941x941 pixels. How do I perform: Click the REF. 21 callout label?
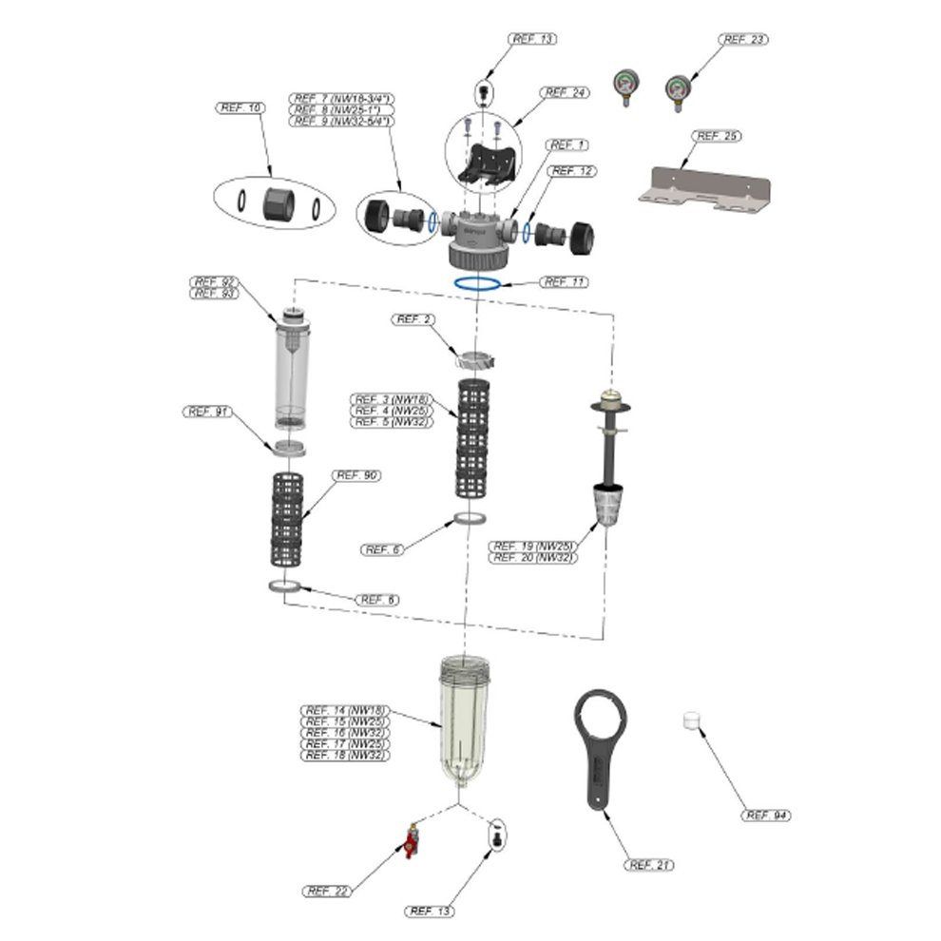pyautogui.click(x=650, y=865)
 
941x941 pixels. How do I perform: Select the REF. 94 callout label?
pyautogui.click(x=767, y=816)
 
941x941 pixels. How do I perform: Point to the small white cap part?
pyautogui.click(x=693, y=721)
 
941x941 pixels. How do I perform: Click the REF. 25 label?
pyautogui.click(x=717, y=137)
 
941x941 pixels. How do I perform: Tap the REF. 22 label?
pyautogui.click(x=329, y=892)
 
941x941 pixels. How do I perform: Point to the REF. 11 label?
pyautogui.click(x=564, y=282)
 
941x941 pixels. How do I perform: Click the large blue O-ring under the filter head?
pyautogui.click(x=478, y=283)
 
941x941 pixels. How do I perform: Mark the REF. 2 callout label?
pyautogui.click(x=414, y=319)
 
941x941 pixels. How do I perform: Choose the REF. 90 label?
pyautogui.click(x=355, y=475)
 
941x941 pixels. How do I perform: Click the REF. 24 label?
pyautogui.click(x=565, y=92)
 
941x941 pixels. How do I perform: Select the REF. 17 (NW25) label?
pyautogui.click(x=345, y=744)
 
